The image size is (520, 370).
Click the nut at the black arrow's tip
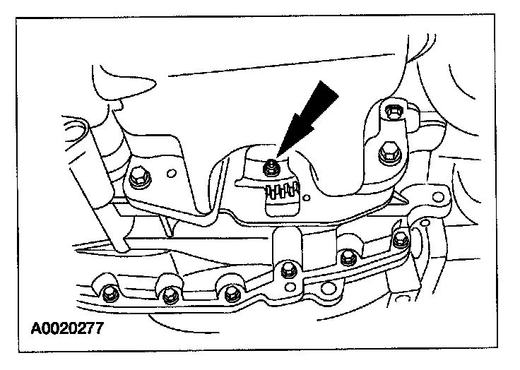pos(270,167)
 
